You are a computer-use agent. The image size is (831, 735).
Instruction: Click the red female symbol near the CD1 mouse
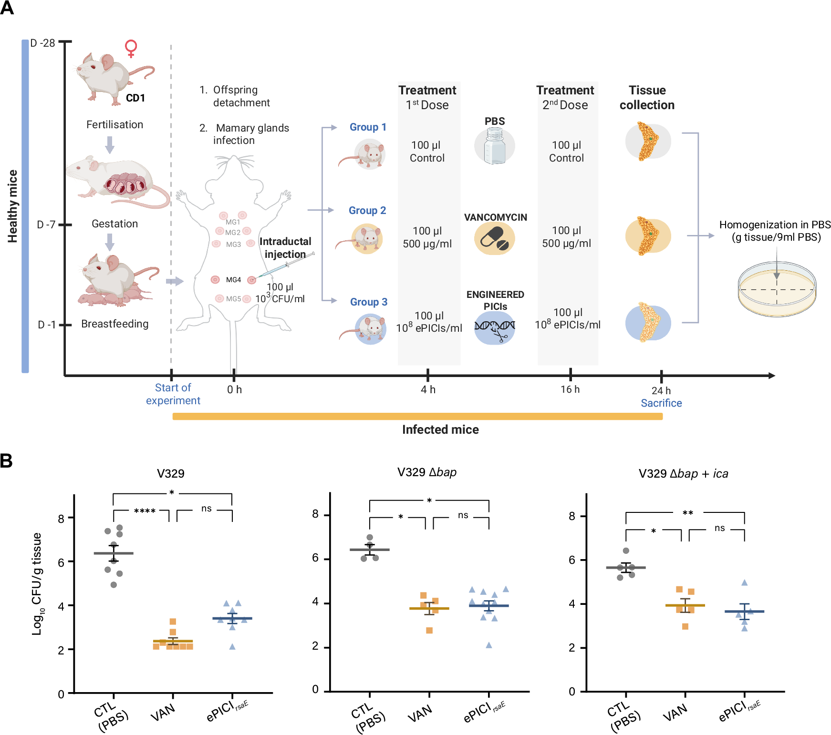coord(131,49)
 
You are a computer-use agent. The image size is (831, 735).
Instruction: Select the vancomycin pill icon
coord(495,238)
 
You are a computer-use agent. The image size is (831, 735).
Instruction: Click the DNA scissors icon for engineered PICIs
coord(495,328)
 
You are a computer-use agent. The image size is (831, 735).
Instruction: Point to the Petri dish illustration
coord(776,289)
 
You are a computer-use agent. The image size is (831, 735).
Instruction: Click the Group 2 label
coord(367,211)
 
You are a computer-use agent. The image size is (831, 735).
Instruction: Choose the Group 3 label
coord(368,302)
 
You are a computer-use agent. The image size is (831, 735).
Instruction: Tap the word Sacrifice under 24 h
coord(661,403)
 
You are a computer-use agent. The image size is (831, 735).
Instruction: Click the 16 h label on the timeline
coord(570,389)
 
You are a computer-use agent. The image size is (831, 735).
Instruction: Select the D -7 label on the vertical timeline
coord(46,225)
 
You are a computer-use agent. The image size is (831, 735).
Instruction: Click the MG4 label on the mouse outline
coord(233,280)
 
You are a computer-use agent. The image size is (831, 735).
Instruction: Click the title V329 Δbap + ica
coord(683,474)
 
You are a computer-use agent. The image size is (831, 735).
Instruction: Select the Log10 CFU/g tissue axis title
coord(37,584)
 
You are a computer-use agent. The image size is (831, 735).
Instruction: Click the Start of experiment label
coord(173,394)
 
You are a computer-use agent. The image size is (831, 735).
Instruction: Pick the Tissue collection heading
coord(647,98)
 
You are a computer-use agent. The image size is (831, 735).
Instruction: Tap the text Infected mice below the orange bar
coord(440,430)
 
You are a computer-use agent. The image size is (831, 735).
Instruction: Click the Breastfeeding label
coord(114,324)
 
